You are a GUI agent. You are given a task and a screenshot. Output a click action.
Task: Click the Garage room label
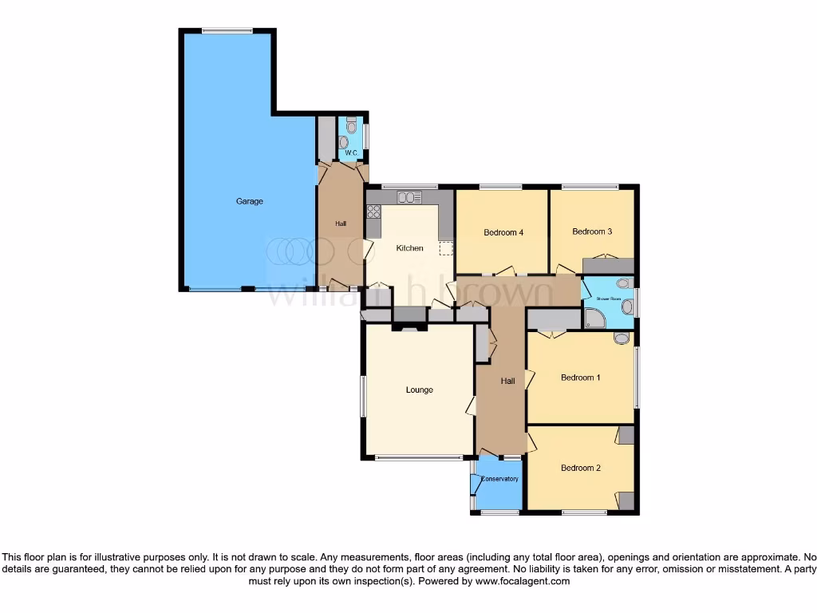pyautogui.click(x=249, y=201)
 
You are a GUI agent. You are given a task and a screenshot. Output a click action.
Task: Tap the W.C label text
pyautogui.click(x=350, y=152)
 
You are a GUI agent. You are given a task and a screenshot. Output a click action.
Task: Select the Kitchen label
pyautogui.click(x=410, y=248)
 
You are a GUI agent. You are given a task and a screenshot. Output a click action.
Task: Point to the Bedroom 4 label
pyautogui.click(x=503, y=233)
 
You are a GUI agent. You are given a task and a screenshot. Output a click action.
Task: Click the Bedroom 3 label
pyautogui.click(x=592, y=231)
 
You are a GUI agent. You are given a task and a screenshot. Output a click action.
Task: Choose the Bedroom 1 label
pyautogui.click(x=581, y=378)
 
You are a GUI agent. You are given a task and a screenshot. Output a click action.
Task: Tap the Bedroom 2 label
pyautogui.click(x=581, y=468)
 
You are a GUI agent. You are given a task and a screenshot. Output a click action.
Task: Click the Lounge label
pyautogui.click(x=419, y=390)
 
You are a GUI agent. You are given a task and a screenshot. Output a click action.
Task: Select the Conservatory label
pyautogui.click(x=499, y=479)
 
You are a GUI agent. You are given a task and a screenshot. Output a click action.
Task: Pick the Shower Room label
pyautogui.click(x=609, y=299)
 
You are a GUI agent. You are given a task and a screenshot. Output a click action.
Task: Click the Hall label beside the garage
pyautogui.click(x=341, y=223)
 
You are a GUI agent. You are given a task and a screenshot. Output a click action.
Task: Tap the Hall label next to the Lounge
pyautogui.click(x=507, y=382)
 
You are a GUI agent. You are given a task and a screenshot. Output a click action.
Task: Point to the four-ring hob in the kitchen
pyautogui.click(x=373, y=212)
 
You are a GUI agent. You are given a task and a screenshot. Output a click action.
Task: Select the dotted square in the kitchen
pyautogui.click(x=445, y=249)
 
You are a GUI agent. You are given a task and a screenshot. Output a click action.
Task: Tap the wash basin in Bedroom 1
pyautogui.click(x=621, y=339)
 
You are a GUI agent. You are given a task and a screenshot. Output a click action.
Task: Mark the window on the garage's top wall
pyautogui.click(x=227, y=31)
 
